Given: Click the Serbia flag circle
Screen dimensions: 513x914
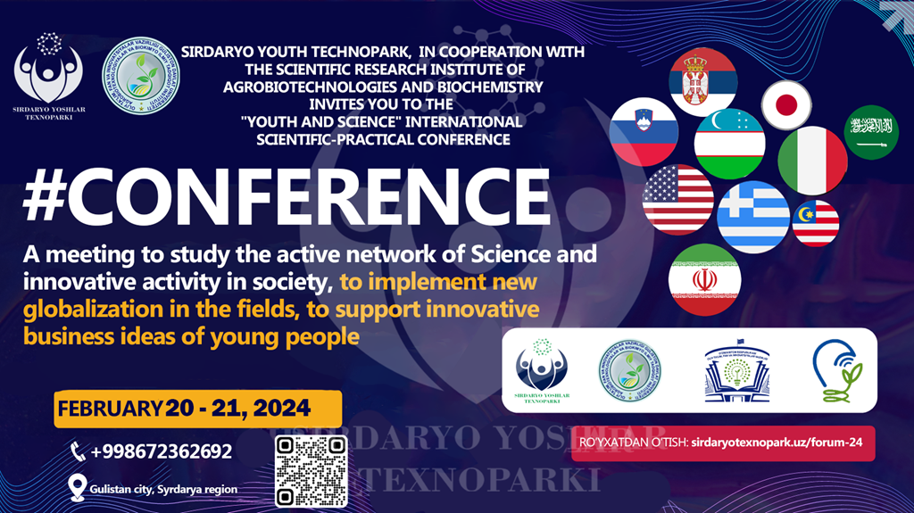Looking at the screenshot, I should tap(703, 81).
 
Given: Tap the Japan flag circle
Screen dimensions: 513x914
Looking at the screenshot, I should tap(787, 105).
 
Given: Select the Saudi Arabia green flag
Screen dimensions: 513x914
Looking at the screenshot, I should tap(871, 132).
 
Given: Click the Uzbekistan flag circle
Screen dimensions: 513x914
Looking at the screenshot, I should tap(730, 143).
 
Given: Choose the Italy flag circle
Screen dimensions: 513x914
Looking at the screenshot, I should tap(812, 161).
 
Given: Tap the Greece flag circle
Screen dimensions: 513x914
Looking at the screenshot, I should tap(753, 217).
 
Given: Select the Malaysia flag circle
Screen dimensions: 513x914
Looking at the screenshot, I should tap(816, 223).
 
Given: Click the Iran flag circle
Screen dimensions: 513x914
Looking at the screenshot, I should tap(704, 279).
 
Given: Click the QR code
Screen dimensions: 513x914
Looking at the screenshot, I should tap(310, 471).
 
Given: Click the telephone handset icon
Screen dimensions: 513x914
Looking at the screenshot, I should tap(78, 451).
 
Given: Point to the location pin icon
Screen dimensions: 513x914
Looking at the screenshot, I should tap(77, 487).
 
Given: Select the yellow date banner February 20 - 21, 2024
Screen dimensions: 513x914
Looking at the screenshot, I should tap(197, 409).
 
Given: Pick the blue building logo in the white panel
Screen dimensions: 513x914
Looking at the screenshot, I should tap(736, 373).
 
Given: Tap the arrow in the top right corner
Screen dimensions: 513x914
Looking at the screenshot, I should tap(896, 15).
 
